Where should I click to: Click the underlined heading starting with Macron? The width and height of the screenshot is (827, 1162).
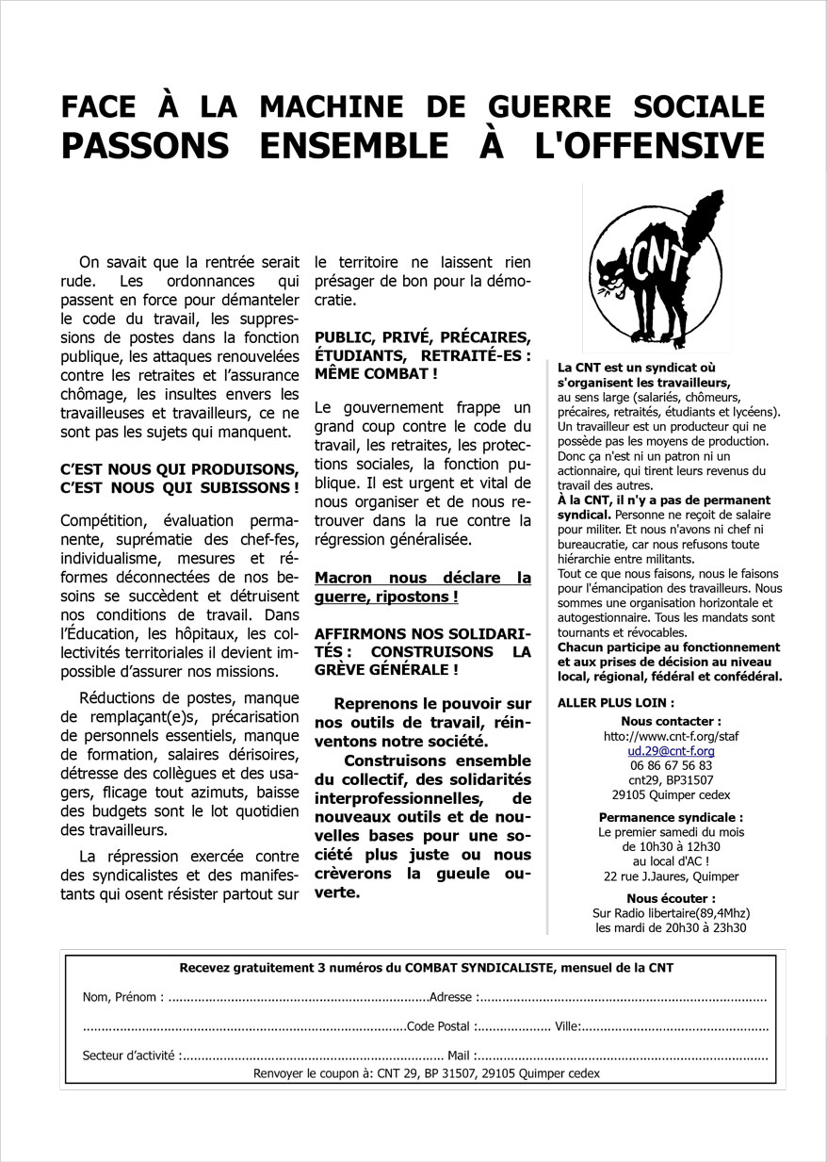(423, 587)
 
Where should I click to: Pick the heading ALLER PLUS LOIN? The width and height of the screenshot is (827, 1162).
(615, 702)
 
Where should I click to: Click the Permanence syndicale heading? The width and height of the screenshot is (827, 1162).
(671, 817)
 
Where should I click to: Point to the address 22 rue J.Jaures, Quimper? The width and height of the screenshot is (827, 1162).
(671, 876)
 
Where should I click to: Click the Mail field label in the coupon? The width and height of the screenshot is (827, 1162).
(459, 1056)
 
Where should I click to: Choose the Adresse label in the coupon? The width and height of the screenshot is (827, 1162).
(451, 997)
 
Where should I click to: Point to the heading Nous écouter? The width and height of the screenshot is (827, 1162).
(671, 898)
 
